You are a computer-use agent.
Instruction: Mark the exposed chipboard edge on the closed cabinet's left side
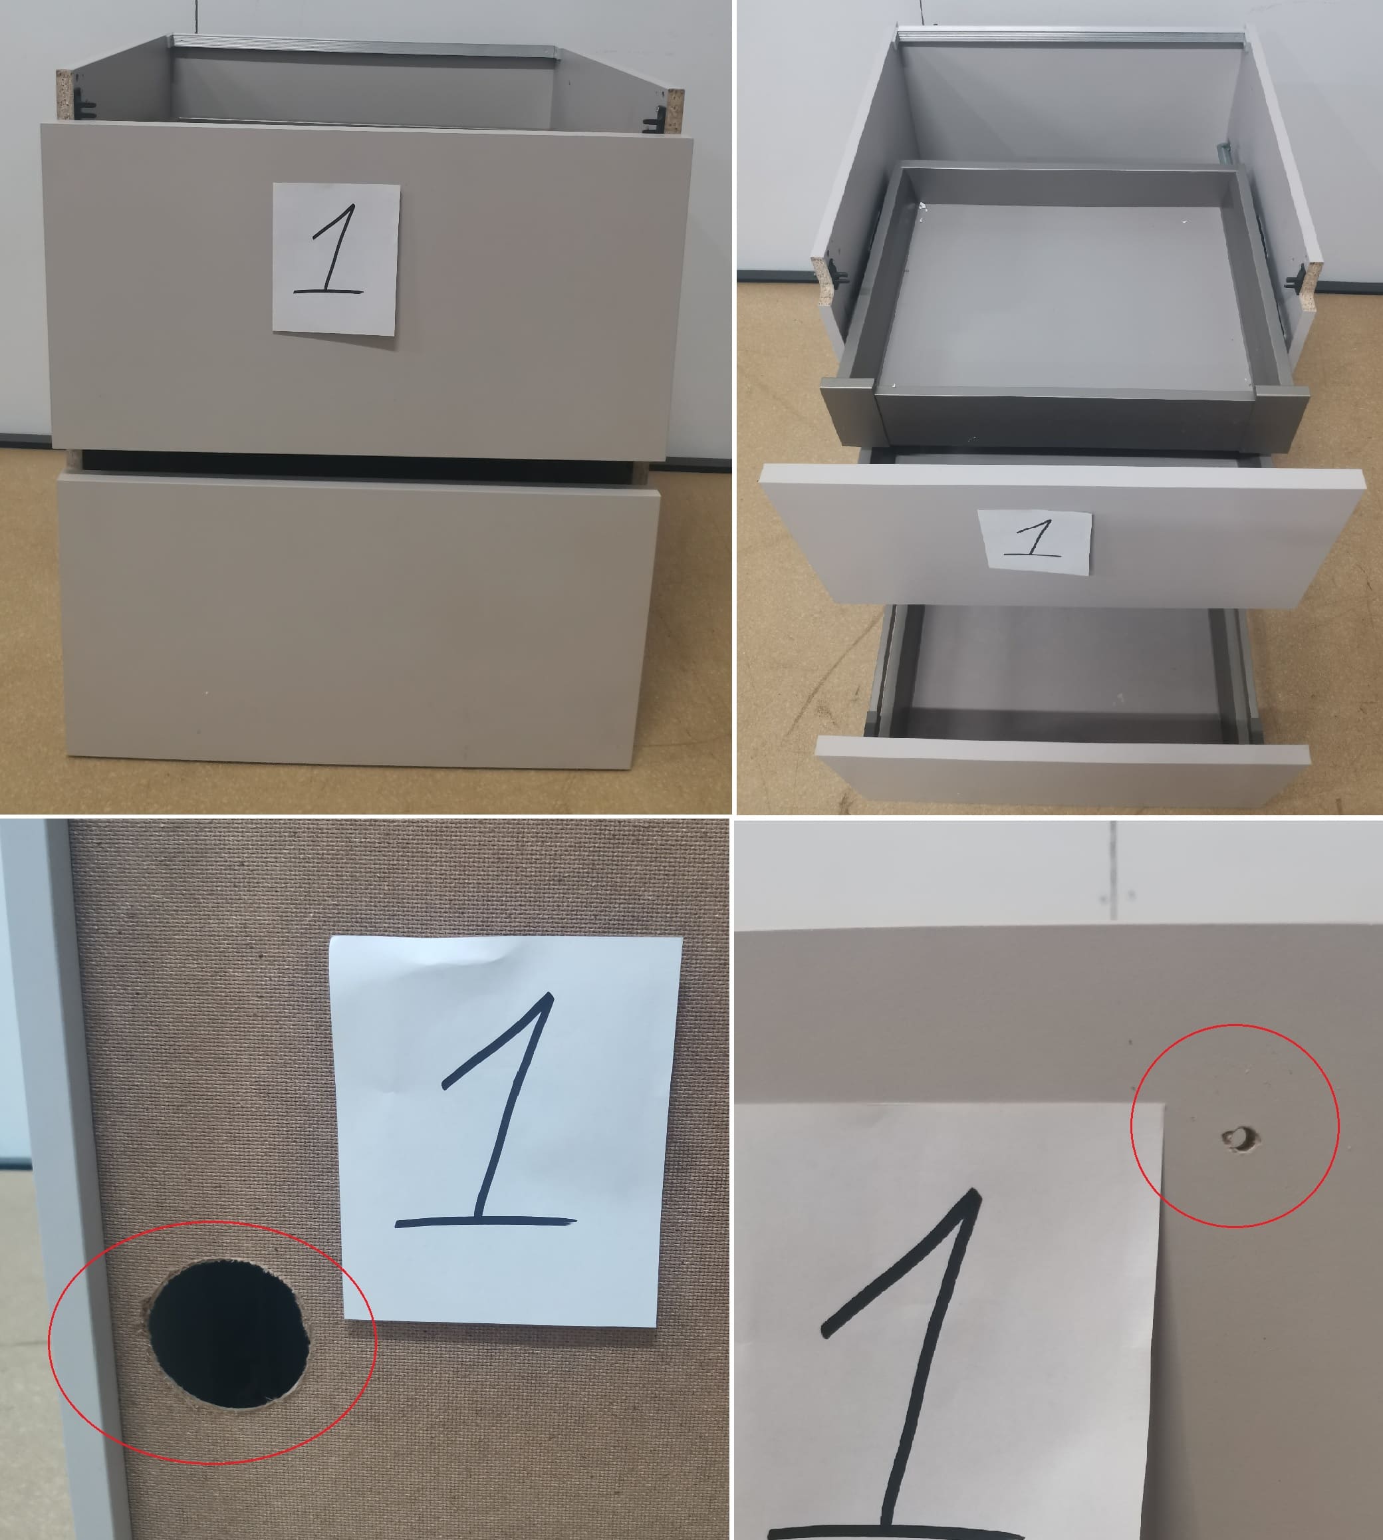click(64, 94)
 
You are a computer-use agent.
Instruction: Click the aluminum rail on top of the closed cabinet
click(365, 46)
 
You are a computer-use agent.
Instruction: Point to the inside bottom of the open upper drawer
click(1064, 297)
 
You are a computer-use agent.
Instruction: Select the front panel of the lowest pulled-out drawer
click(1063, 767)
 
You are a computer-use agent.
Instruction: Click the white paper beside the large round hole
click(505, 1130)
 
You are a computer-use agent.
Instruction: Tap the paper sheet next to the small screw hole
click(950, 1322)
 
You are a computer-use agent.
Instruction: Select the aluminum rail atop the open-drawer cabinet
click(1070, 36)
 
